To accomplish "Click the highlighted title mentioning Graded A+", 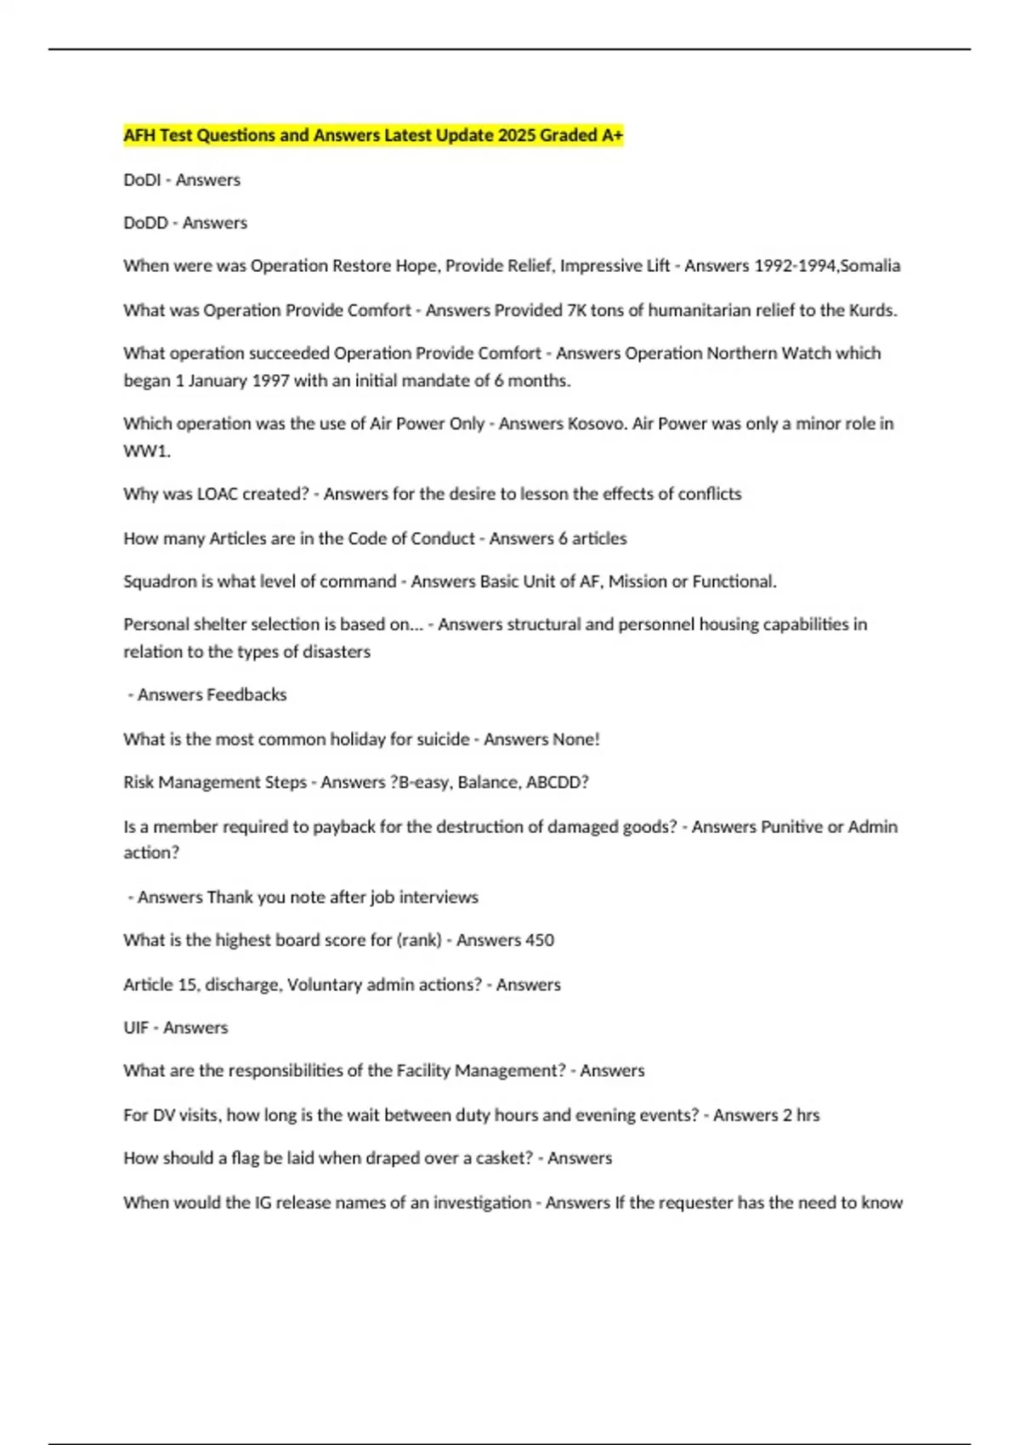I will tap(373, 135).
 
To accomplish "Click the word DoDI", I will tap(142, 180).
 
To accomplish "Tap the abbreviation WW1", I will tap(146, 451).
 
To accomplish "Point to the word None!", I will tap(576, 739).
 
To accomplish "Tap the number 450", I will tap(538, 940).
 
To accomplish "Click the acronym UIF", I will tap(136, 1028).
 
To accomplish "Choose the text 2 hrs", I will tap(801, 1115).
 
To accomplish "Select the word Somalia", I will tap(870, 266).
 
